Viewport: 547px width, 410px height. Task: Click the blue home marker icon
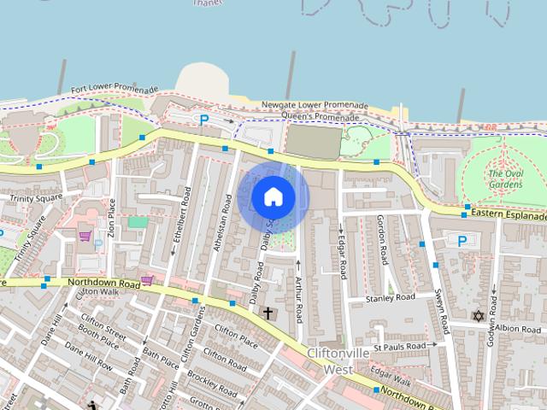(273, 197)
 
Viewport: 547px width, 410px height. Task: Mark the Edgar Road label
(342, 254)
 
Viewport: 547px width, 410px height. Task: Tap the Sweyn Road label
(442, 311)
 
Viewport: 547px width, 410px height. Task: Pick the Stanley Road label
(390, 298)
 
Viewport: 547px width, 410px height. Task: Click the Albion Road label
(518, 328)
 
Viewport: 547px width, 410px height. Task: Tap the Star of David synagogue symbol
(478, 316)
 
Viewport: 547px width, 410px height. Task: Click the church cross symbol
(268, 314)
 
